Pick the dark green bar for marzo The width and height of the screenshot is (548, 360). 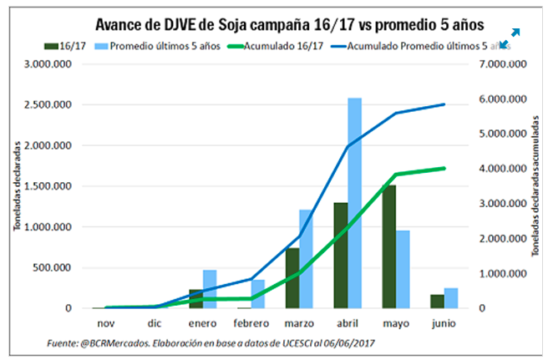click(291, 277)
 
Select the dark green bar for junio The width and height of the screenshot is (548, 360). click(435, 301)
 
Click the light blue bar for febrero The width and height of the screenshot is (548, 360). click(257, 294)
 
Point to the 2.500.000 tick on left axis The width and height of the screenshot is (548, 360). click(49, 105)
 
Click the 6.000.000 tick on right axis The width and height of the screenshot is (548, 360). click(505, 99)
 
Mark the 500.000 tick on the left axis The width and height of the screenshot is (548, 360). click(55, 267)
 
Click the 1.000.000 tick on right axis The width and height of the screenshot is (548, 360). click(505, 273)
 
